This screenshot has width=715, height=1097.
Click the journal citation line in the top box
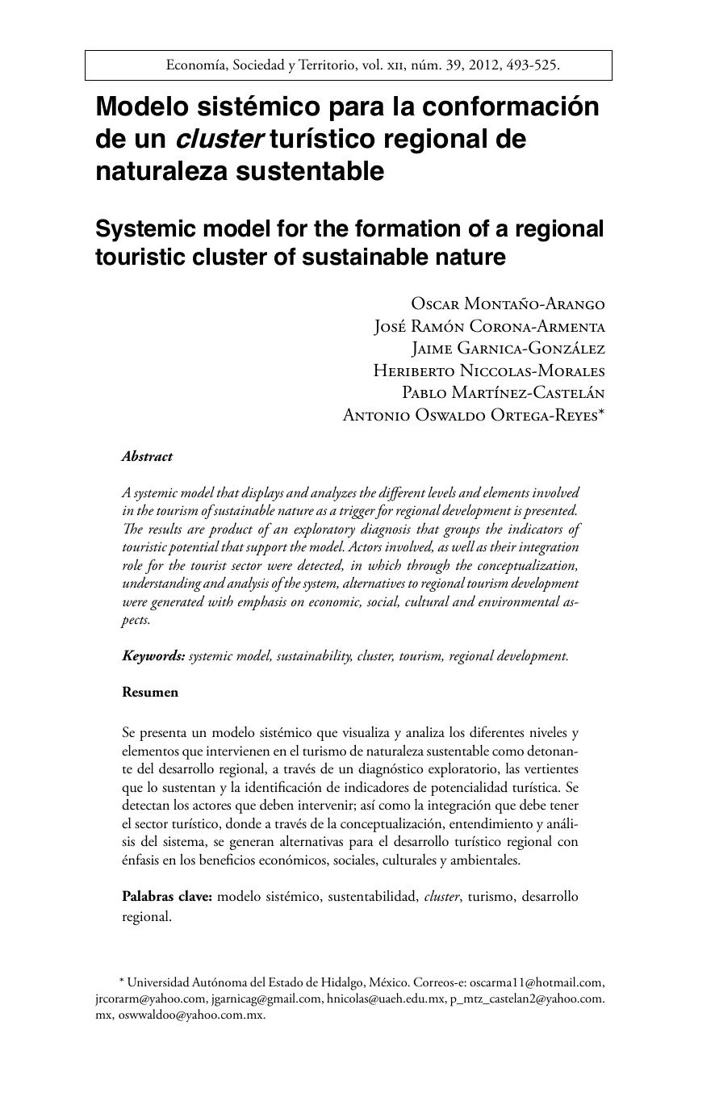click(x=362, y=65)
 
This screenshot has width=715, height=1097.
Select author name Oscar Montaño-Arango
click(x=508, y=304)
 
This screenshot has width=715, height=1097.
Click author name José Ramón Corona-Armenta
click(x=489, y=326)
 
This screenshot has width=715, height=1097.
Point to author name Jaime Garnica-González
click(x=508, y=349)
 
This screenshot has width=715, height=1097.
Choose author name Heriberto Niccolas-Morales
click(x=488, y=371)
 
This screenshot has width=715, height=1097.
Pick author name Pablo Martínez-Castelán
click(x=503, y=392)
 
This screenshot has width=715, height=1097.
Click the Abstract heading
click(x=147, y=456)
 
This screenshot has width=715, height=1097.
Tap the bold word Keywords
click(x=153, y=655)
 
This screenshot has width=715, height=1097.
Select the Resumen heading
click(x=150, y=692)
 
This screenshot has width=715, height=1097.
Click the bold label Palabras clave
click(x=167, y=896)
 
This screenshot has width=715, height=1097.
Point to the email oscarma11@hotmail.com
click(x=537, y=982)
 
